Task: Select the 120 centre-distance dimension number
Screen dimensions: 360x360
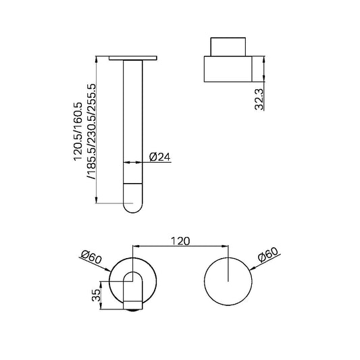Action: tap(181, 240)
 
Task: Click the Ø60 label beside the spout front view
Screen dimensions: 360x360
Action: tap(91, 256)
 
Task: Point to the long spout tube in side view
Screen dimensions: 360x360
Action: tap(134, 122)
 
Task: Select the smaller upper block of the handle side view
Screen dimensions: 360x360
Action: tap(228, 47)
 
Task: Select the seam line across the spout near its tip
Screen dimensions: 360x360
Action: tap(134, 183)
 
